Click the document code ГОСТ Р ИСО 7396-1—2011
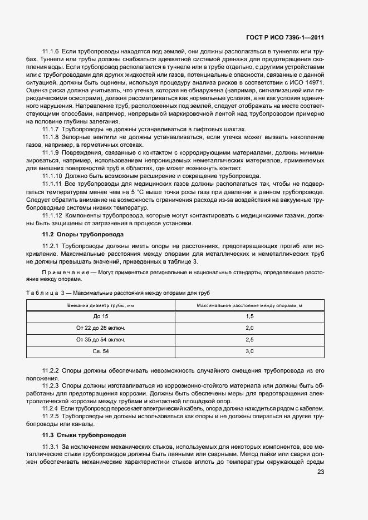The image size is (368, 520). pos(284,38)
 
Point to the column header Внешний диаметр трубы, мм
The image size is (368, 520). pos(101,305)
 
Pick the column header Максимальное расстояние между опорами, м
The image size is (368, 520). pos(249,305)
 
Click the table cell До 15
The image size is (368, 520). pos(101,316)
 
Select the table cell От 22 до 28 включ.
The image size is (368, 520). pos(101,328)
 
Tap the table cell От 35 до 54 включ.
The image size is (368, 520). pos(101,339)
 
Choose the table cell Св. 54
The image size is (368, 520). pos(101,351)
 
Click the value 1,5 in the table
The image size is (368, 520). pos(249,316)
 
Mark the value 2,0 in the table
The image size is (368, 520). pos(249,328)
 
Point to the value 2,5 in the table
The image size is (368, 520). pos(249,339)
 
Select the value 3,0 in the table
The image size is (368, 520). pos(249,351)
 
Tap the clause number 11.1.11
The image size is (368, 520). pos(52,184)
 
